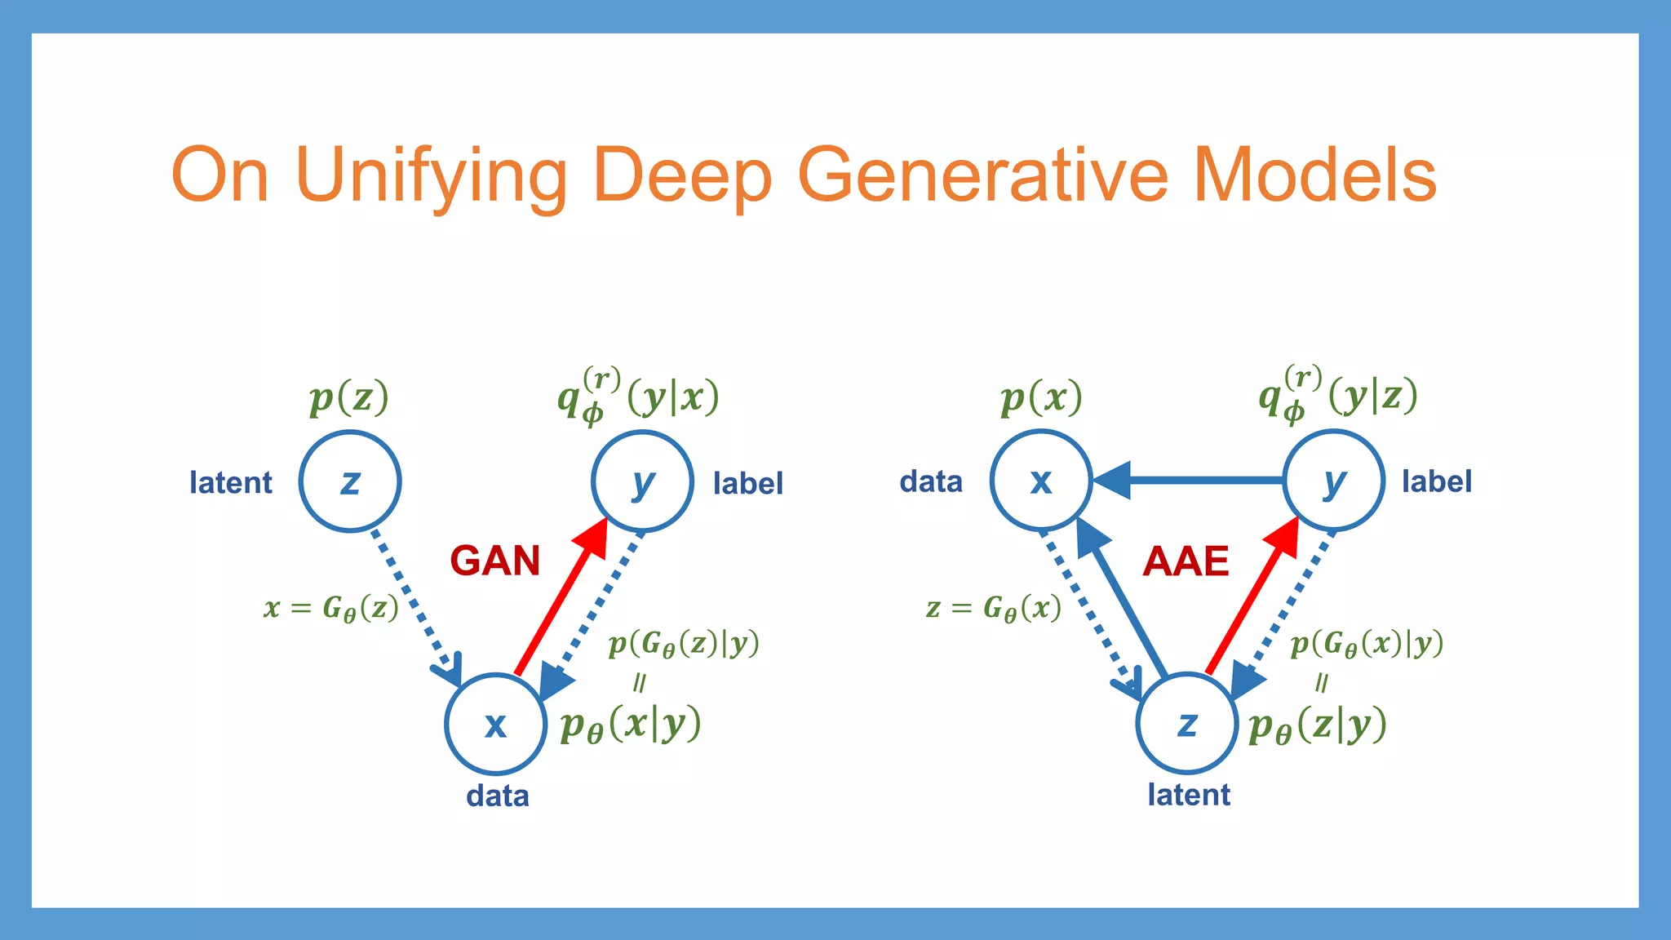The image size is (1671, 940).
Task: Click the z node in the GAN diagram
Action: click(x=350, y=481)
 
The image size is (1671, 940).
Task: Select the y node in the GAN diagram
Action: click(x=642, y=481)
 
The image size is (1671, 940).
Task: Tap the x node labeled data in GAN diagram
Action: click(x=495, y=724)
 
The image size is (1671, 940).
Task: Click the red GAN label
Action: click(x=495, y=561)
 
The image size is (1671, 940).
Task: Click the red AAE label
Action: click(x=1186, y=561)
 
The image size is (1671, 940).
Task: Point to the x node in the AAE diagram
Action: click(x=1040, y=481)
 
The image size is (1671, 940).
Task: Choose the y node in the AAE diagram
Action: click(x=1333, y=481)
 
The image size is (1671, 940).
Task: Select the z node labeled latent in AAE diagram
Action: click(x=1187, y=723)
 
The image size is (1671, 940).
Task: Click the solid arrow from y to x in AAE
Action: click(x=1191, y=481)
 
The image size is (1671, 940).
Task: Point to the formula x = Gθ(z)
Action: click(x=331, y=608)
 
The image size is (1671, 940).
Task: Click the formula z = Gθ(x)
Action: click(x=994, y=608)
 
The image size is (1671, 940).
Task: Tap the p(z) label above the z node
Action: click(x=349, y=398)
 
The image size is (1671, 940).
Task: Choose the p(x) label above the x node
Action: click(x=1041, y=398)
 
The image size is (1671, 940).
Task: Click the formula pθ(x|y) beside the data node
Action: click(x=631, y=724)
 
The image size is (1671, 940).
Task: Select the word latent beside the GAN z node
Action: click(x=231, y=482)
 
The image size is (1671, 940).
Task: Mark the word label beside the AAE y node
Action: click(x=1437, y=481)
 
